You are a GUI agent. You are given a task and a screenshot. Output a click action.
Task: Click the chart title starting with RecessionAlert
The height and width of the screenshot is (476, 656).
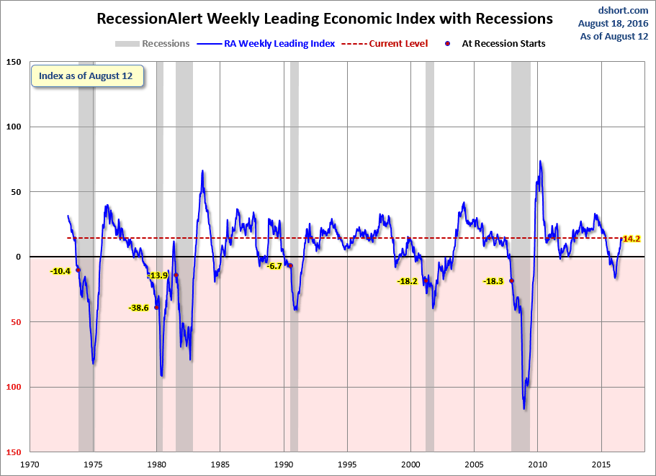[325, 18]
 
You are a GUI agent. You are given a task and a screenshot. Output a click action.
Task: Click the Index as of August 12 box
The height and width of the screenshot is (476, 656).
[86, 76]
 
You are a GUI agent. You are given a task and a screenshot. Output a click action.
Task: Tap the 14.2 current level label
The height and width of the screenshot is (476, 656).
[632, 239]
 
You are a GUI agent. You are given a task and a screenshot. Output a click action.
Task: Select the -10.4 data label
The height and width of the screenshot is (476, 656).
[60, 271]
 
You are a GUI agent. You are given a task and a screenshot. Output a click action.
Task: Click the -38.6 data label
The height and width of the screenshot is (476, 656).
[138, 308]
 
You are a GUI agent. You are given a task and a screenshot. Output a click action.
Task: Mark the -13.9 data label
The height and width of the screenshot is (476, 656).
[157, 275]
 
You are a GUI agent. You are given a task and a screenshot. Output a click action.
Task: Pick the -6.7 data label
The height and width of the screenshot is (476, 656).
[274, 266]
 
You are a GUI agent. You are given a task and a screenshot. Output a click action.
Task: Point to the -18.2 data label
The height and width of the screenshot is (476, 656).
[407, 281]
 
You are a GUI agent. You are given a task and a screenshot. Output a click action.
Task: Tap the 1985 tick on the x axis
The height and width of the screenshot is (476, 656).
[220, 464]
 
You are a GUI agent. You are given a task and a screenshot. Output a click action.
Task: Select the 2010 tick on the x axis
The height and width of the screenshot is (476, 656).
[538, 464]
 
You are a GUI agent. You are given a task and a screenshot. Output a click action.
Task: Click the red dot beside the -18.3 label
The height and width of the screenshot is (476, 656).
[512, 281]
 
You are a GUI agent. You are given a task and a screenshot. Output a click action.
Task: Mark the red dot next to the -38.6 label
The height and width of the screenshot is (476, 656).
[157, 307]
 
